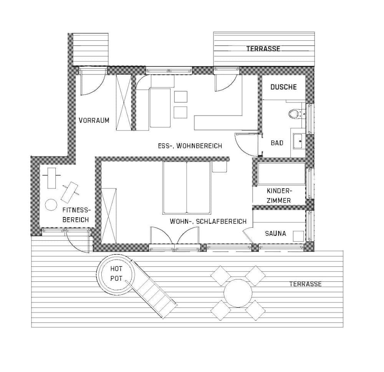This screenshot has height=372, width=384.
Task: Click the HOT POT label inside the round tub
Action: coord(116,274)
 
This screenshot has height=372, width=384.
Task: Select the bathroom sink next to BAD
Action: coord(298,141)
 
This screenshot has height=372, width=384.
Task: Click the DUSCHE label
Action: coord(283,87)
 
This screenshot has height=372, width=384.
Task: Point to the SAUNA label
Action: coord(275,233)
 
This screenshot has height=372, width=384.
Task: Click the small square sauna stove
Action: coord(298,236)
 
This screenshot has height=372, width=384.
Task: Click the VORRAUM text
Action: coord(94,120)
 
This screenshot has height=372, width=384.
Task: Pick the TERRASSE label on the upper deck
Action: coord(263,49)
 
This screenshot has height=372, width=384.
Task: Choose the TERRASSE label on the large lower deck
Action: coord(305,284)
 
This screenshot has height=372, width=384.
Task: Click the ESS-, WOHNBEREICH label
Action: coord(190,146)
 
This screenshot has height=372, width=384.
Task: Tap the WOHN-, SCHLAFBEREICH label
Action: coord(208,222)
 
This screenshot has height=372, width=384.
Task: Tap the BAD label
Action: coord(277,143)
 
